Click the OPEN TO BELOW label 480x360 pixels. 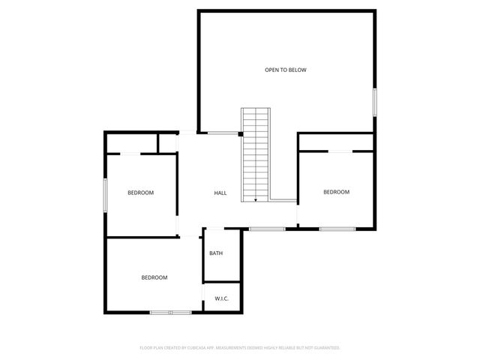click(285, 70)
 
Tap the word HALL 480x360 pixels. click(220, 193)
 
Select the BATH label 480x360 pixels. click(216, 253)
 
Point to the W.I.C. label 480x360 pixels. click(221, 298)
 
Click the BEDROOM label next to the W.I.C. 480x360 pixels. click(154, 277)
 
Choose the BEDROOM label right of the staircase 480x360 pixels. click(336, 192)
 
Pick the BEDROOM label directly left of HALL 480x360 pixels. click(140, 193)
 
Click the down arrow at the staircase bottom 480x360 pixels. click(256, 199)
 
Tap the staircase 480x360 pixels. click(255, 154)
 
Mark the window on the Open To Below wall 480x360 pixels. click(374, 102)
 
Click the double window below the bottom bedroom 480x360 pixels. click(170, 312)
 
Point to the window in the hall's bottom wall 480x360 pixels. click(266, 229)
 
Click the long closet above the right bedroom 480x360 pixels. click(336, 142)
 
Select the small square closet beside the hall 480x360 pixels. click(167, 143)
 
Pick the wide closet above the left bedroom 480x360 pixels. click(131, 143)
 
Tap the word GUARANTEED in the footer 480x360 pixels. click(324, 348)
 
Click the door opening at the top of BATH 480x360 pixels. click(214, 229)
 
